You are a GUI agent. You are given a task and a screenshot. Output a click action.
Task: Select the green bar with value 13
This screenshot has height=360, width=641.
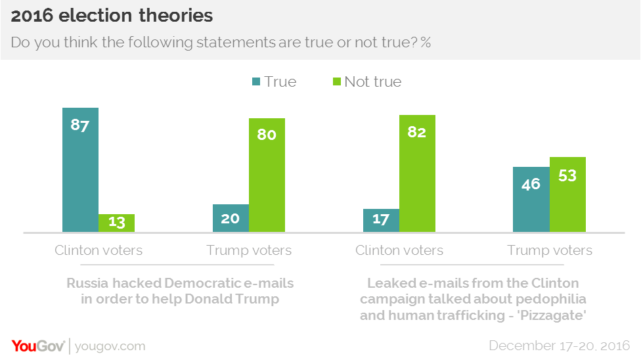(x=116, y=223)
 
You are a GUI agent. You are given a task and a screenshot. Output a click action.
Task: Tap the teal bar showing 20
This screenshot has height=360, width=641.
(x=231, y=218)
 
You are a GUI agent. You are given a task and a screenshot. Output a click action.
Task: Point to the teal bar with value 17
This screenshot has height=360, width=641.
(x=381, y=220)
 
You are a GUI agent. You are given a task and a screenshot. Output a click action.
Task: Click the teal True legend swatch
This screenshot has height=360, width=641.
(x=255, y=82)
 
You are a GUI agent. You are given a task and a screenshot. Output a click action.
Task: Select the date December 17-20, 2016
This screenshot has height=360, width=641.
(x=559, y=346)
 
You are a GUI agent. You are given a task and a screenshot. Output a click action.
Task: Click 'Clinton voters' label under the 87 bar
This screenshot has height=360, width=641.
(x=99, y=250)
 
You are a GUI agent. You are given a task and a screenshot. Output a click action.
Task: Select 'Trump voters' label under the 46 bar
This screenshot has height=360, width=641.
(x=550, y=250)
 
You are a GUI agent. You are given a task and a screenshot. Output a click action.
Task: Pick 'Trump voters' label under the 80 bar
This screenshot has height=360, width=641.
(x=249, y=250)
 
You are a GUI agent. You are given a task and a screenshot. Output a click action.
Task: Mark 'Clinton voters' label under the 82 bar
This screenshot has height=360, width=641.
(x=399, y=250)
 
